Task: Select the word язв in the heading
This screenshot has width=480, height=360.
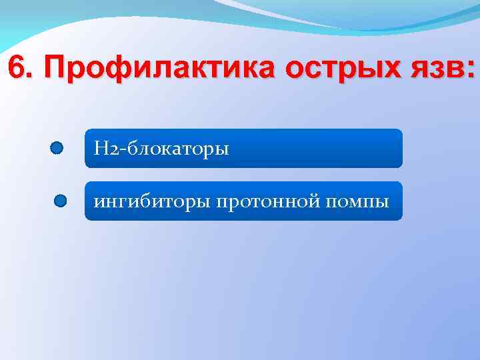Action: (x=437, y=69)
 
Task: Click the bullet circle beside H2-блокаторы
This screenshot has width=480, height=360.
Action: (x=57, y=148)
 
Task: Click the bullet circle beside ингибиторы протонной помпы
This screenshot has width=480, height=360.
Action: (x=61, y=200)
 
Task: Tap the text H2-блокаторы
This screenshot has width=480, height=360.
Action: (x=161, y=148)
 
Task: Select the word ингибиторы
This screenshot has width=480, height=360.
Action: (x=152, y=201)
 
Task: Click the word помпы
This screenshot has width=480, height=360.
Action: (x=357, y=201)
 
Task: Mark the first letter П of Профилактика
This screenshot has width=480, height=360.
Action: (x=60, y=69)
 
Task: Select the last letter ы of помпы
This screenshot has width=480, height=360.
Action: (x=382, y=201)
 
